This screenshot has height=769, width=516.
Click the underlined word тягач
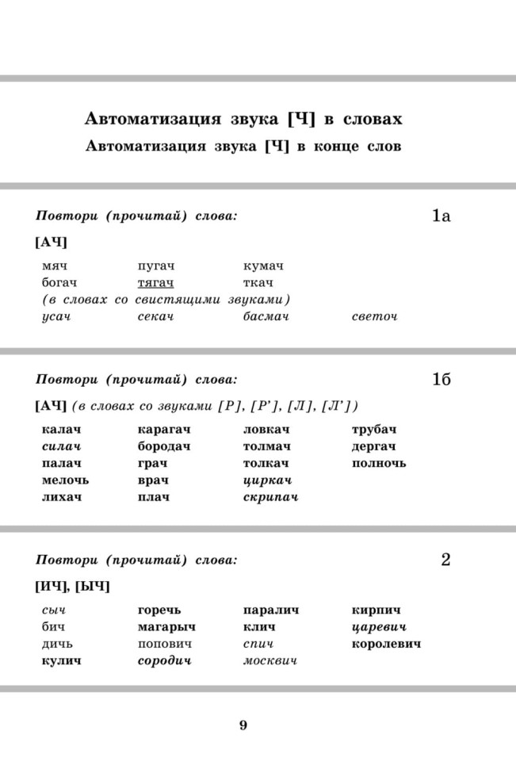[x=155, y=283]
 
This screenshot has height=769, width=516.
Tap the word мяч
[x=53, y=266]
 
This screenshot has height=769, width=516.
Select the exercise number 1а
[x=441, y=216]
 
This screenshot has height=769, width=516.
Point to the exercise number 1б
[x=441, y=380]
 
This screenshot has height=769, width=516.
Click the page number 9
[x=243, y=725]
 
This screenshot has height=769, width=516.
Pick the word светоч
[x=374, y=317]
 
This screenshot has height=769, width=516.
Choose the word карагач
[x=164, y=430]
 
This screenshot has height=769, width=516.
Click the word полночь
[x=378, y=463]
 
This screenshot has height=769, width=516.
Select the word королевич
[x=386, y=644]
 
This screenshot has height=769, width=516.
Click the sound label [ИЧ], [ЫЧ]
[x=72, y=587]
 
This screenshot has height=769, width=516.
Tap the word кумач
[x=263, y=266]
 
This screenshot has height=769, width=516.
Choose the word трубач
[x=373, y=430]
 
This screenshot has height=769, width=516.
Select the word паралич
[x=270, y=610]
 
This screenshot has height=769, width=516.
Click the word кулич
[x=61, y=660]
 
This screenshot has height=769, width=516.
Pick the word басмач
[x=266, y=317]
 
